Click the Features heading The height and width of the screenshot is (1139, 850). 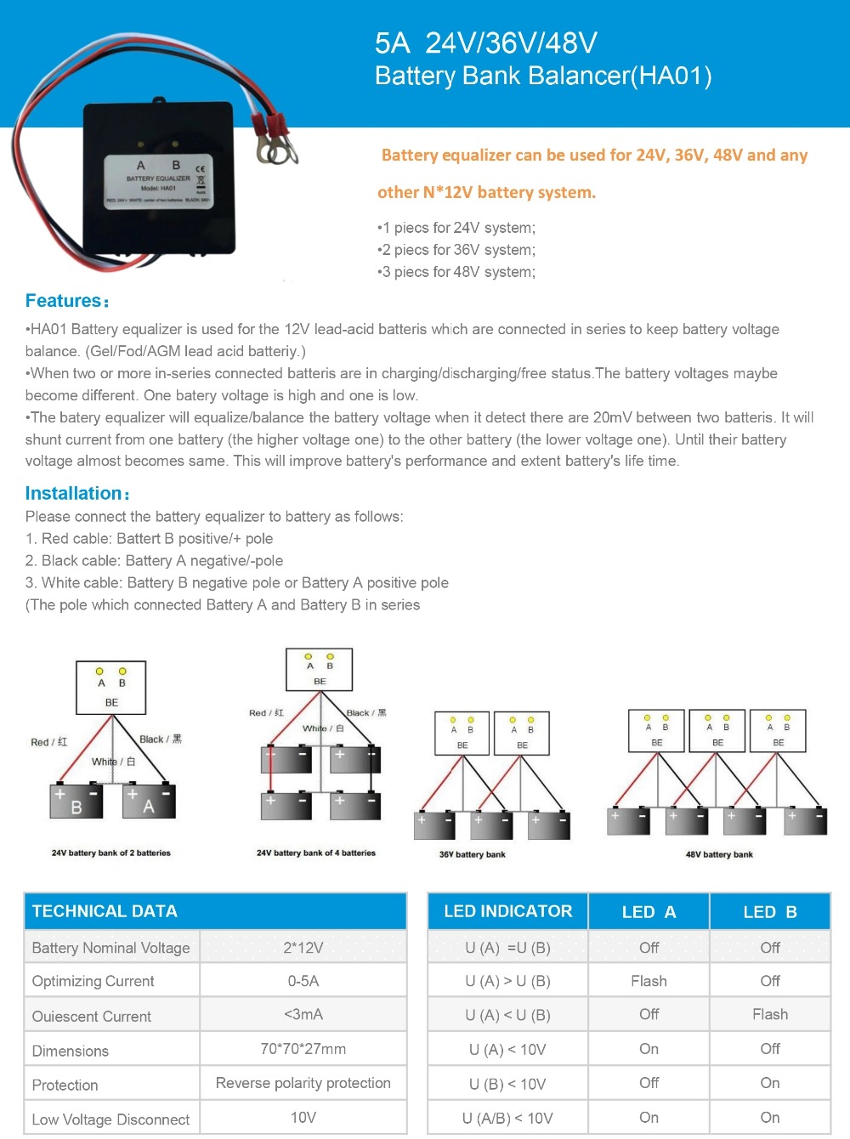[x=66, y=301]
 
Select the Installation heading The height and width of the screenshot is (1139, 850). [x=76, y=494]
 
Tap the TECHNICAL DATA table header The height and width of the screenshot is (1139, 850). [x=105, y=911]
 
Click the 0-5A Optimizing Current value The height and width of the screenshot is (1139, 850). [x=303, y=981]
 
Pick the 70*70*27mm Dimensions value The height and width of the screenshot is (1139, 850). [x=303, y=1049]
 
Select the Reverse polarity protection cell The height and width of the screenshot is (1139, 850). [x=303, y=1083]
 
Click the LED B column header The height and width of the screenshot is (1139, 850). [x=769, y=912]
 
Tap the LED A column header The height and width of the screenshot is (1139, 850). [x=649, y=912]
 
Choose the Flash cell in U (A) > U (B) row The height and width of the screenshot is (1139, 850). [x=649, y=981]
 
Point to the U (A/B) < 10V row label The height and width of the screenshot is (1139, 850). [x=507, y=1118]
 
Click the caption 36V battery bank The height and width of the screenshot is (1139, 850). [x=472, y=854]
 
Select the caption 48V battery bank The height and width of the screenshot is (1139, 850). [x=719, y=854]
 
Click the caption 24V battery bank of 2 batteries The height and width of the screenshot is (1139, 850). [x=110, y=853]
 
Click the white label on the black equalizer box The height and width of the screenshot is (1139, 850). [x=158, y=181]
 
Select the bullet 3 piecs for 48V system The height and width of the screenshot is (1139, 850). [x=457, y=272]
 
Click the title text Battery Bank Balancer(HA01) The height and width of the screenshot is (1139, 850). [x=543, y=76]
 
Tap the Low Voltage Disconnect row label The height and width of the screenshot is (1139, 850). [x=110, y=1119]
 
